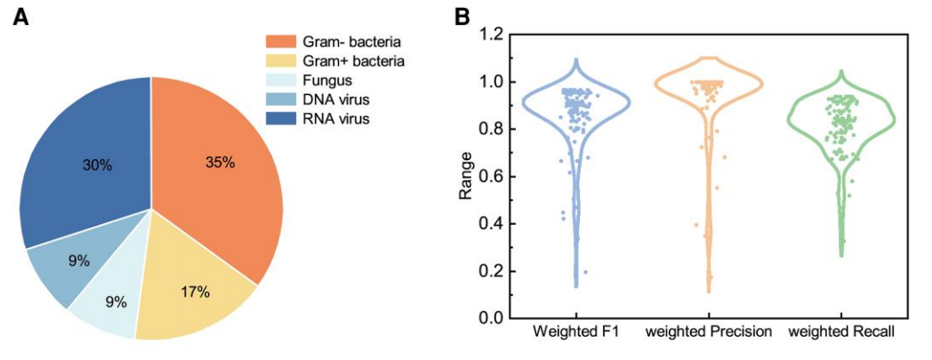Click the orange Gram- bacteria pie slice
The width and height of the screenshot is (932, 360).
point(222,178)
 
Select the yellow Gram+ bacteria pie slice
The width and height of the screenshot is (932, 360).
point(191,284)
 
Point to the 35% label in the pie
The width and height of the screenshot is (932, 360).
point(220,163)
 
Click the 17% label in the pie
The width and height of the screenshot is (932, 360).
point(195,292)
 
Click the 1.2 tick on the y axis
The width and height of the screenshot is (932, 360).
point(491,35)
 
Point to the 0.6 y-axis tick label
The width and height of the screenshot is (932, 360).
point(491,176)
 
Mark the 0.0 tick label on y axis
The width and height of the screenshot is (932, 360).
point(491,317)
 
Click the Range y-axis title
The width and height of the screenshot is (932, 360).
point(466,175)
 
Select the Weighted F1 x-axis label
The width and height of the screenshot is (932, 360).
point(576,334)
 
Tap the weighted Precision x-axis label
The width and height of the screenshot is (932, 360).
point(709,334)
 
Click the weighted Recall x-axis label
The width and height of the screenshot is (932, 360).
point(841,334)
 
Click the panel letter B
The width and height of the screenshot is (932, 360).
point(462,16)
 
